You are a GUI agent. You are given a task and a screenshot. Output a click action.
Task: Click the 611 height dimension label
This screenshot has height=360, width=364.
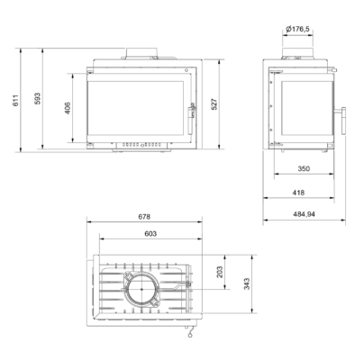click(x=16, y=100)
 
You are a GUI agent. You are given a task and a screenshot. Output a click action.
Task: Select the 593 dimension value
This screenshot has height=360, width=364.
click(x=38, y=98)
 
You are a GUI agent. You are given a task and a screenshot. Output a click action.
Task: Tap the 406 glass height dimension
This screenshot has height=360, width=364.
click(x=68, y=108)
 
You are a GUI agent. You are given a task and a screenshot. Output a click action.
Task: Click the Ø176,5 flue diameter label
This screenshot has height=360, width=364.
click(x=297, y=29)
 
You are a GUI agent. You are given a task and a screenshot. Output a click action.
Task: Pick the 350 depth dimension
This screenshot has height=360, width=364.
click(x=304, y=168)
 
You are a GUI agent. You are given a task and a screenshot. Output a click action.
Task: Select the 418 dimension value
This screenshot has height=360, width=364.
click(x=298, y=193)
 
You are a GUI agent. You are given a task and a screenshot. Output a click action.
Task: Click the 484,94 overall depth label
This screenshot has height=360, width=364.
click(x=304, y=214)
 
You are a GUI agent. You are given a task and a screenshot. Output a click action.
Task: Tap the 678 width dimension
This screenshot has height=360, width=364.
click(x=144, y=216)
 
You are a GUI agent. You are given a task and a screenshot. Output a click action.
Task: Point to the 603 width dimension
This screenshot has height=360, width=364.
click(x=150, y=233)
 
